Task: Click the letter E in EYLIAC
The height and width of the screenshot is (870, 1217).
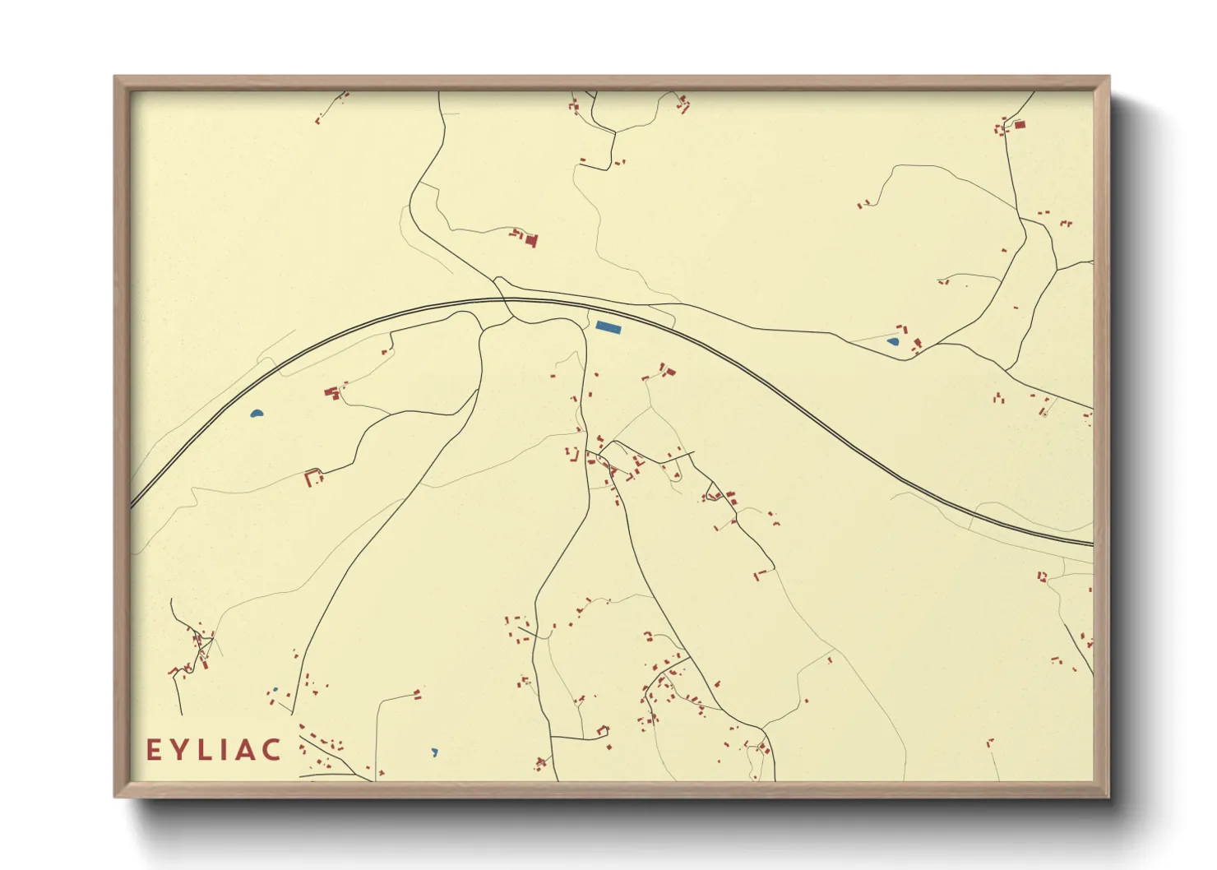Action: click(x=153, y=750)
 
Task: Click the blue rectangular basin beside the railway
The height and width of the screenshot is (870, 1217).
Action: click(x=608, y=327)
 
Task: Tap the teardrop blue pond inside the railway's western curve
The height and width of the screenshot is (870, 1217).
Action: click(x=257, y=414)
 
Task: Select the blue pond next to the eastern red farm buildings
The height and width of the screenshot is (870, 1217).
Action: click(x=893, y=341)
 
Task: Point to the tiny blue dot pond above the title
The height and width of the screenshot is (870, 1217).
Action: click(x=275, y=689)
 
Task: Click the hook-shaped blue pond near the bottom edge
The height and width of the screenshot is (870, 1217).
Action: click(x=434, y=752)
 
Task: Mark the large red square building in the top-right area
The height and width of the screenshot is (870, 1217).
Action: click(x=1020, y=125)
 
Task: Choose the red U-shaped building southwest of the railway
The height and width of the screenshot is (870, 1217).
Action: click(x=312, y=476)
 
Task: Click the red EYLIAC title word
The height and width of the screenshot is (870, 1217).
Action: click(x=214, y=750)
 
